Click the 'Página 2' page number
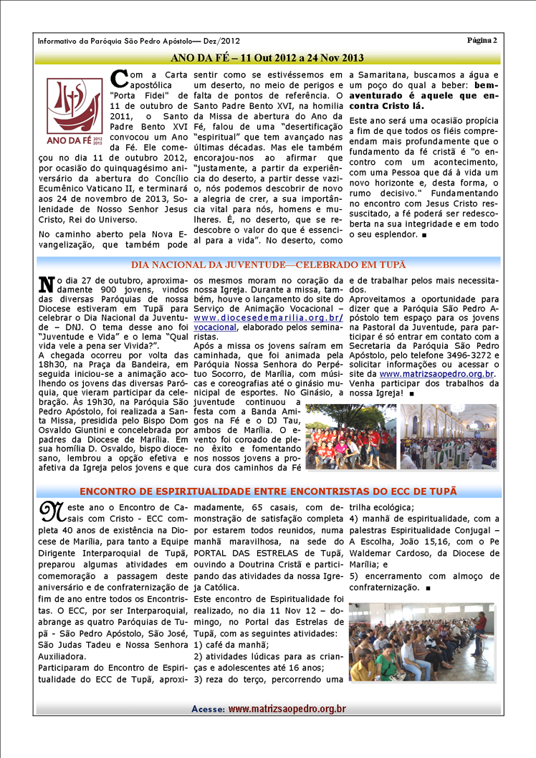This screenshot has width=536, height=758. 482,39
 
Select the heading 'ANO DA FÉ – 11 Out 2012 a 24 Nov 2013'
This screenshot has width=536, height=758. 267,57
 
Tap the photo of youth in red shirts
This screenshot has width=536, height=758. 350,436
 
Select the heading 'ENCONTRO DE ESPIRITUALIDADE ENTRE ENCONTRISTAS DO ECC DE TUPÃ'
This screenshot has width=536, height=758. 267,491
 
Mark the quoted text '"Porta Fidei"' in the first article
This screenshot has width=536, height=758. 138,95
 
